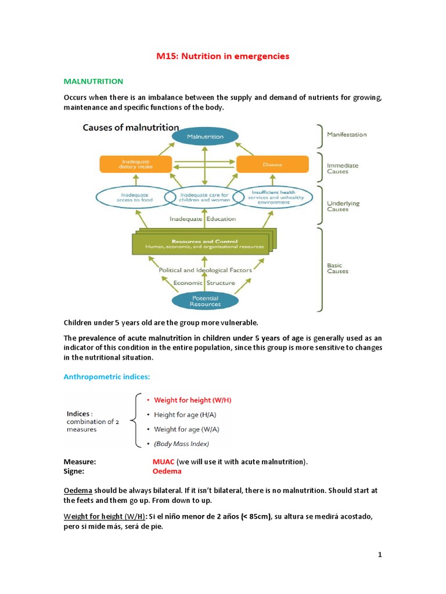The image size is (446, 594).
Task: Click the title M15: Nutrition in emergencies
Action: click(223, 56)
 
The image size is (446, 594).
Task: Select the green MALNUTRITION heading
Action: click(93, 81)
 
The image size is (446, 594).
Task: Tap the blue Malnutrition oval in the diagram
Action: click(204, 136)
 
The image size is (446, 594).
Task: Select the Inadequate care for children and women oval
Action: click(204, 198)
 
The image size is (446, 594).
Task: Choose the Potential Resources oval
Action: click(205, 300)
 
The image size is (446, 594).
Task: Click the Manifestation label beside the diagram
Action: click(347, 135)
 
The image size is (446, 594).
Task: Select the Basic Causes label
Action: click(337, 269)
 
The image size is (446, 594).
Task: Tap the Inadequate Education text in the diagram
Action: click(203, 219)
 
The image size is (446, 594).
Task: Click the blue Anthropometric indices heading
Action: click(106, 377)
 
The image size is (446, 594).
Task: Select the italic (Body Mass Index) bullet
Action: click(181, 444)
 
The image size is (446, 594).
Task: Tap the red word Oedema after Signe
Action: click(166, 471)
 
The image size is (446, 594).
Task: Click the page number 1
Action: click(380, 555)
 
